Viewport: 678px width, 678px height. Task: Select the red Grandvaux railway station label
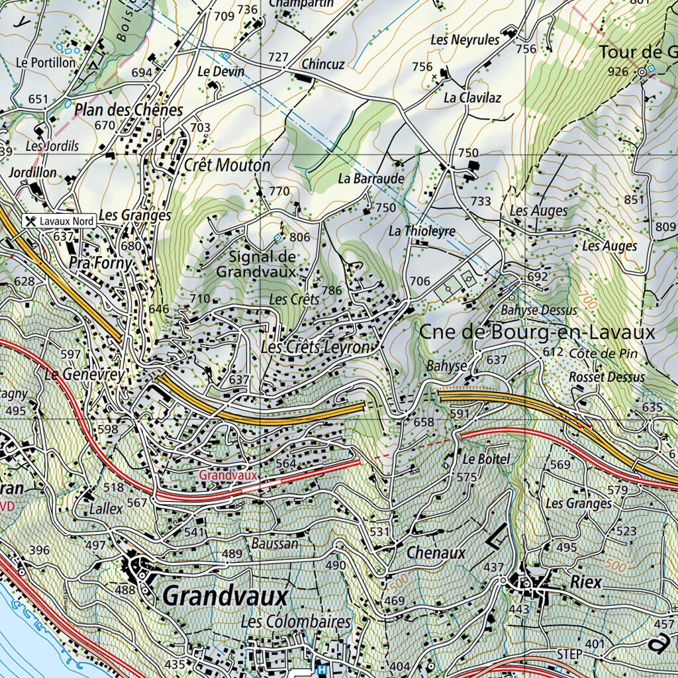click(x=227, y=475)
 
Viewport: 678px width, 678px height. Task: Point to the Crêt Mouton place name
click(x=227, y=165)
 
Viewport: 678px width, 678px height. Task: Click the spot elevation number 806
click(x=299, y=237)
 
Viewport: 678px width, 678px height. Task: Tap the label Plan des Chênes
click(x=128, y=109)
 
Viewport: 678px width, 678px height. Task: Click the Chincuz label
click(x=322, y=64)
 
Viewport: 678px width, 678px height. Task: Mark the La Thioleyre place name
click(x=422, y=231)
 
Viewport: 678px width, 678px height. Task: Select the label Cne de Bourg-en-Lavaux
click(x=537, y=332)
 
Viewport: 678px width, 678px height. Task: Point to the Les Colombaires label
click(x=295, y=622)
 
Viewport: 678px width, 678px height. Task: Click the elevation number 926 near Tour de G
click(x=618, y=71)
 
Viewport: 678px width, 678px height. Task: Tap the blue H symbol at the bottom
click(x=322, y=669)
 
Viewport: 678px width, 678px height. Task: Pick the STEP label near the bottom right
click(x=569, y=654)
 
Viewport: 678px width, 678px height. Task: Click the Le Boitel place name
click(x=486, y=459)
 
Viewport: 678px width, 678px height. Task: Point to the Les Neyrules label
click(x=464, y=40)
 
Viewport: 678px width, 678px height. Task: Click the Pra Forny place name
click(x=101, y=263)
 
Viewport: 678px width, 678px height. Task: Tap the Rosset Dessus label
click(x=606, y=377)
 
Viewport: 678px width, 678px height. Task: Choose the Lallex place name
click(x=106, y=509)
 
